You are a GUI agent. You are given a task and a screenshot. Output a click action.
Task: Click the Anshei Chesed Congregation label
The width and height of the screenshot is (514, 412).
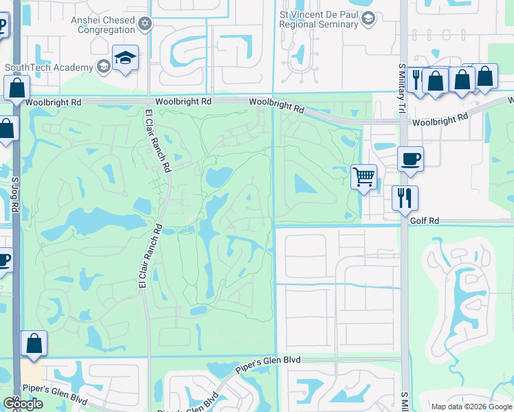click(104, 25)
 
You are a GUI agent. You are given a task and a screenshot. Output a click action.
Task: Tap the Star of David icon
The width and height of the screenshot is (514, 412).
click(144, 25)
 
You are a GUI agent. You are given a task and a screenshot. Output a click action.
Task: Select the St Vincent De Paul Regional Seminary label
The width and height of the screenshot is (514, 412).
click(320, 19)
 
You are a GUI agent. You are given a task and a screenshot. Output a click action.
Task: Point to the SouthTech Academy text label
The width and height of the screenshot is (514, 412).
click(48, 67)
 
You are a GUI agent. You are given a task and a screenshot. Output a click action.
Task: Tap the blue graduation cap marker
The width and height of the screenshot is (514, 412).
click(126, 60)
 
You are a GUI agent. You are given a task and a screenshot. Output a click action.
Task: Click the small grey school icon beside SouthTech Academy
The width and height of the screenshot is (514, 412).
click(103, 67)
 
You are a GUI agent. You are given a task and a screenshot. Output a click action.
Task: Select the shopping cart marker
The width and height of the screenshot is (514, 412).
click(364, 176)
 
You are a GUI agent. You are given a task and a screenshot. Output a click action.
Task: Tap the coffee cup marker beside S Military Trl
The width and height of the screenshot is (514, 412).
click(410, 159)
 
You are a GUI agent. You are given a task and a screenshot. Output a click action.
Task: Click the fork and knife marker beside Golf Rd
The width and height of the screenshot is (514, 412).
click(405, 198)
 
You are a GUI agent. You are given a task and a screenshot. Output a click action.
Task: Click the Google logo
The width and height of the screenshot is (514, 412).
click(23, 404)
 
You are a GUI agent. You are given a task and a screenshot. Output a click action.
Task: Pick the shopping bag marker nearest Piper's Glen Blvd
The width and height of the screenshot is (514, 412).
click(34, 344)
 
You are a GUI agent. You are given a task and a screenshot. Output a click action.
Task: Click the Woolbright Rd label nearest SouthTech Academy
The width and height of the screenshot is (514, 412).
click(54, 102)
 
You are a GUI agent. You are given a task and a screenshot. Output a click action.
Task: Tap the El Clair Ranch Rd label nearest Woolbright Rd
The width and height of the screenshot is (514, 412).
click(157, 140)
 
